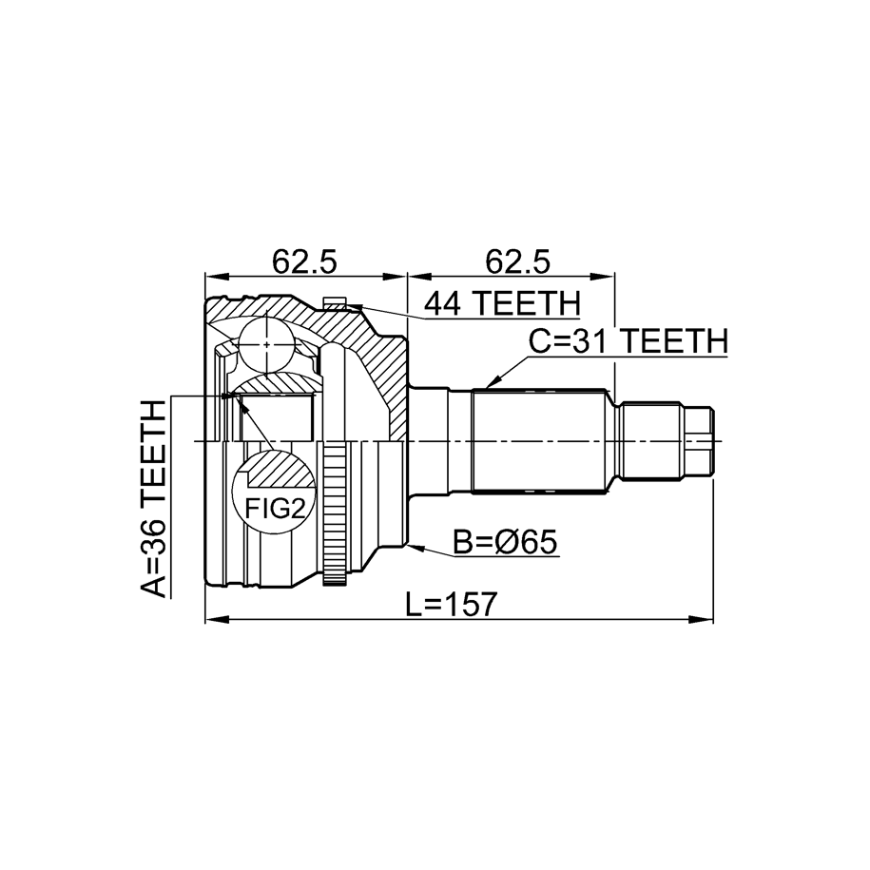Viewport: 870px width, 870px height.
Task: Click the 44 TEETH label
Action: [502, 303]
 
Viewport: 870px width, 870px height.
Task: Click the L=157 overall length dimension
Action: [450, 604]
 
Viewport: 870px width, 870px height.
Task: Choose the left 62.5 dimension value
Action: [304, 261]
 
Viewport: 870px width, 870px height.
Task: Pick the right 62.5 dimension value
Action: [517, 261]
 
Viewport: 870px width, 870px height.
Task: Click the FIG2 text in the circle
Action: [275, 509]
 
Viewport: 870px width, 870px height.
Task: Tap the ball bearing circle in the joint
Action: [267, 345]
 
